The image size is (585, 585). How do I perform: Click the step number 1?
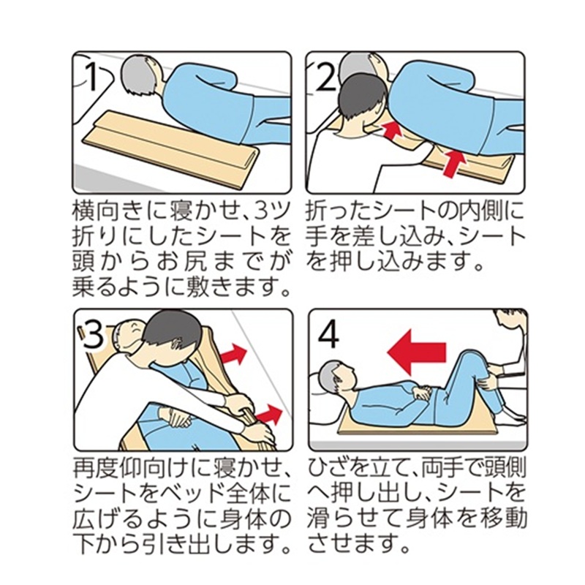point(93,76)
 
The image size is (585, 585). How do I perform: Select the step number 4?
point(328,335)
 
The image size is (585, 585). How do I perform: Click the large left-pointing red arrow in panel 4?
point(416,352)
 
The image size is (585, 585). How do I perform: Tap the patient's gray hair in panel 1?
point(137,78)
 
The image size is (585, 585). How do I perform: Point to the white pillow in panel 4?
point(325,399)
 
